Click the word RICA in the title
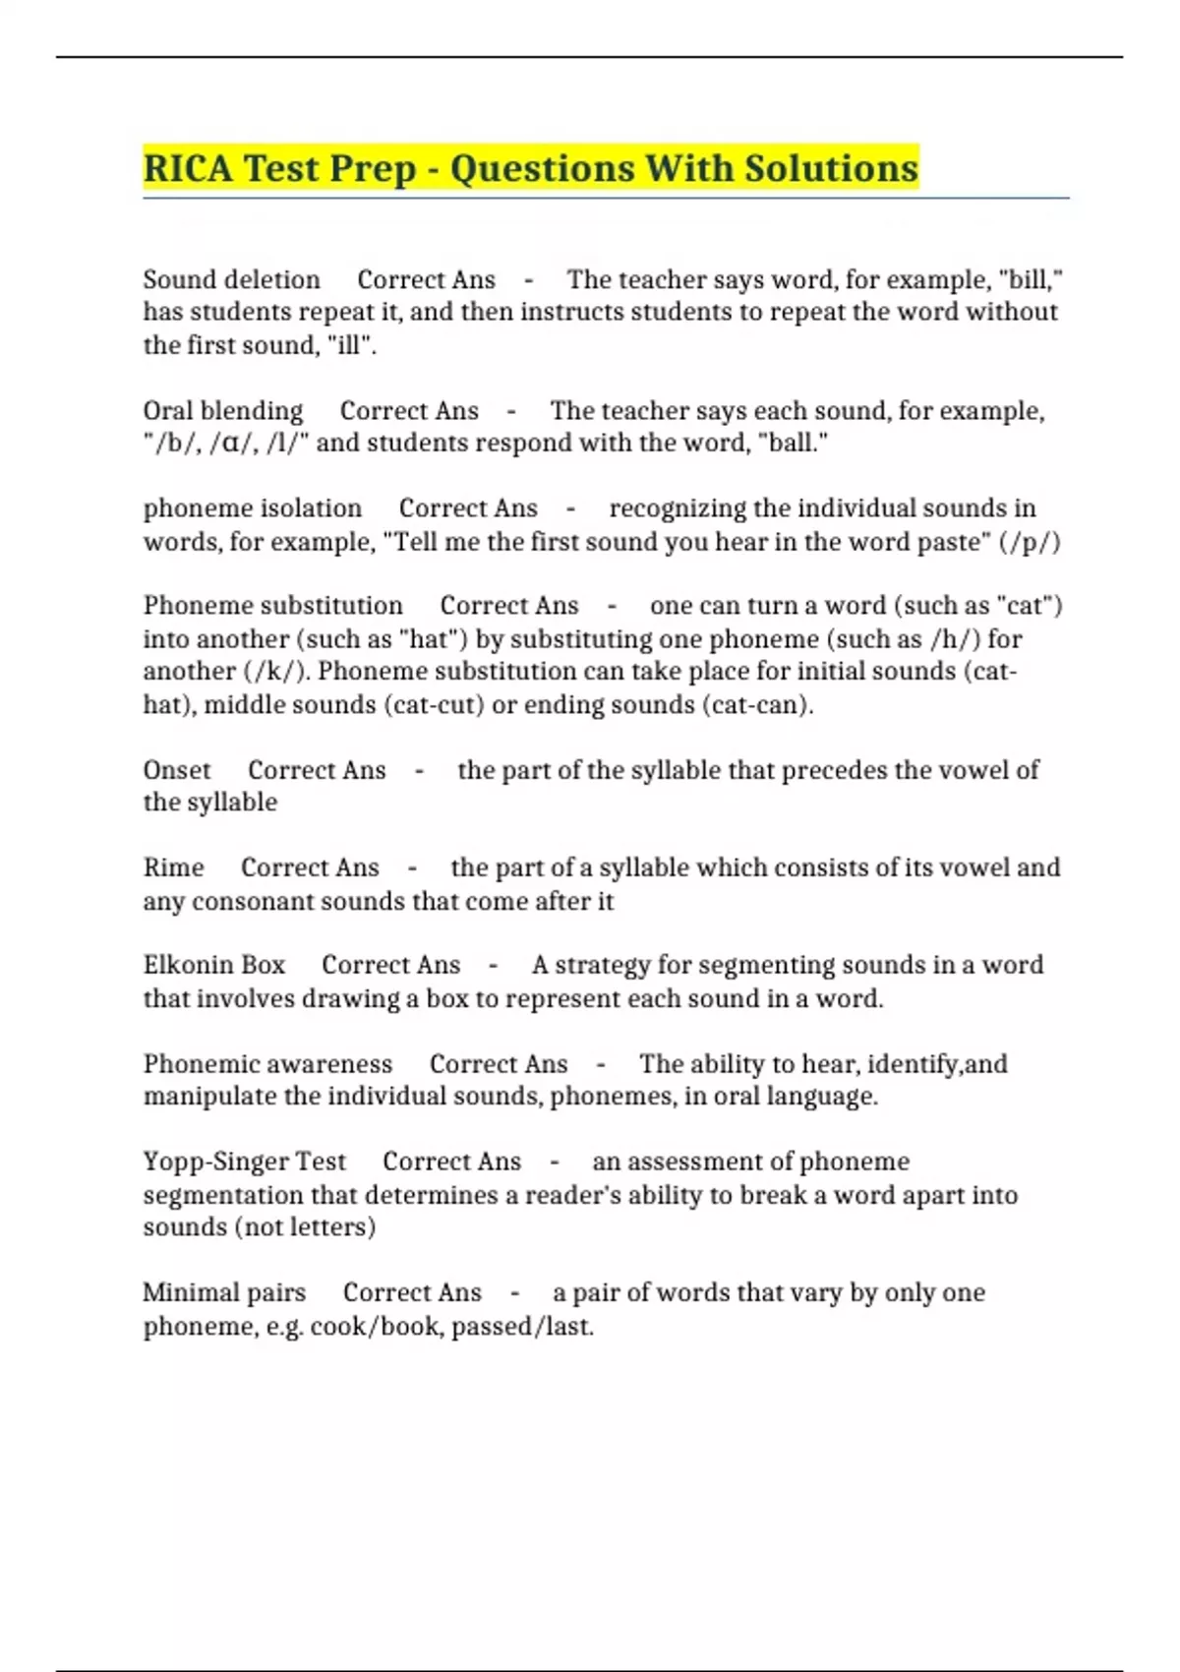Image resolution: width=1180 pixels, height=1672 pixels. tap(188, 168)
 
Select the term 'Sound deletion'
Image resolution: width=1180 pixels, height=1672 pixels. tap(231, 280)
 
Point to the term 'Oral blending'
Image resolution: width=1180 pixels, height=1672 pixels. tap(223, 411)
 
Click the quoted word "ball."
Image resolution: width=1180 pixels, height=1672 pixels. tap(794, 444)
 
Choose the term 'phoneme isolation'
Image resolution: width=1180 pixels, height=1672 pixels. tap(253, 508)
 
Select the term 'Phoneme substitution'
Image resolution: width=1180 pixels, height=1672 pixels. tap(272, 606)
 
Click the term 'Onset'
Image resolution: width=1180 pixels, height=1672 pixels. tap(177, 770)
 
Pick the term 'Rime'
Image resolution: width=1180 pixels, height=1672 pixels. tap(173, 867)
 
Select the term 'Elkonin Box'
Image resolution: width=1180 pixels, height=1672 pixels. tap(213, 965)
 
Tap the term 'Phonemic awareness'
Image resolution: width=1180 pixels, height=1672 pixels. tap(267, 1064)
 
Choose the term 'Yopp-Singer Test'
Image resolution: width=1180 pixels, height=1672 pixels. tap(244, 1162)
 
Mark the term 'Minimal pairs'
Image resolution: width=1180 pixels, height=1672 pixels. tap(224, 1292)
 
